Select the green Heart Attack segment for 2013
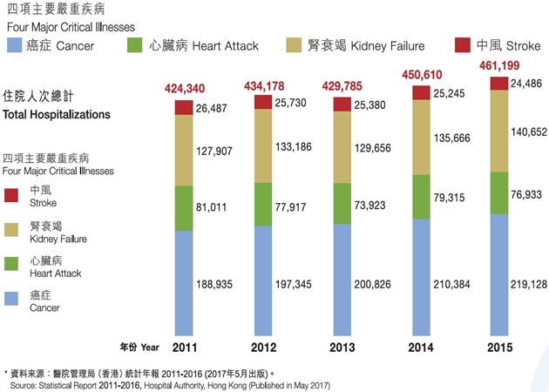(342, 203)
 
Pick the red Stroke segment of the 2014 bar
(420, 92)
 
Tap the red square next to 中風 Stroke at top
(461, 45)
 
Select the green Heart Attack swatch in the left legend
(12, 262)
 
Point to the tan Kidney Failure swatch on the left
(12, 227)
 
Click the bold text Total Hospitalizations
(57, 114)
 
